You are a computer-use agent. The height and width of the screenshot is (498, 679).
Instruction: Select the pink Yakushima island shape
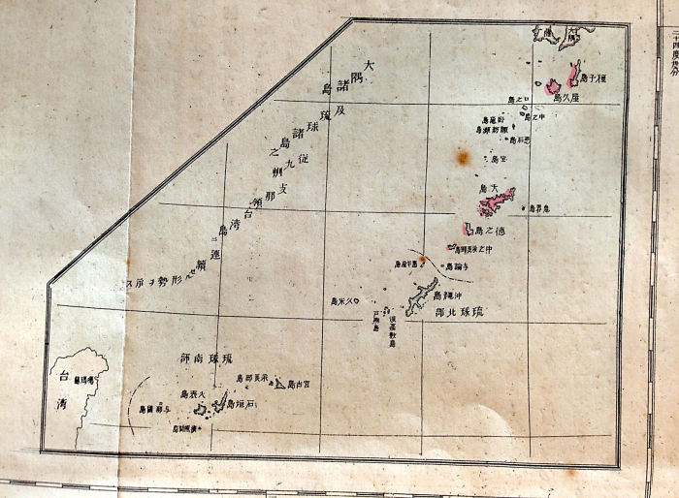coord(552,86)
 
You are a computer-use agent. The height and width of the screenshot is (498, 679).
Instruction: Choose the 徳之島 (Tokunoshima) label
coord(491,231)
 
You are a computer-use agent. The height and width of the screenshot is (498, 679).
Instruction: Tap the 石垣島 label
coord(243,404)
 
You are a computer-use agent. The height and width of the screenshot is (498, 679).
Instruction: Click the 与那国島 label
coord(154,409)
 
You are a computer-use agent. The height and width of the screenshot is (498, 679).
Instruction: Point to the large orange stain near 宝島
coord(463,156)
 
